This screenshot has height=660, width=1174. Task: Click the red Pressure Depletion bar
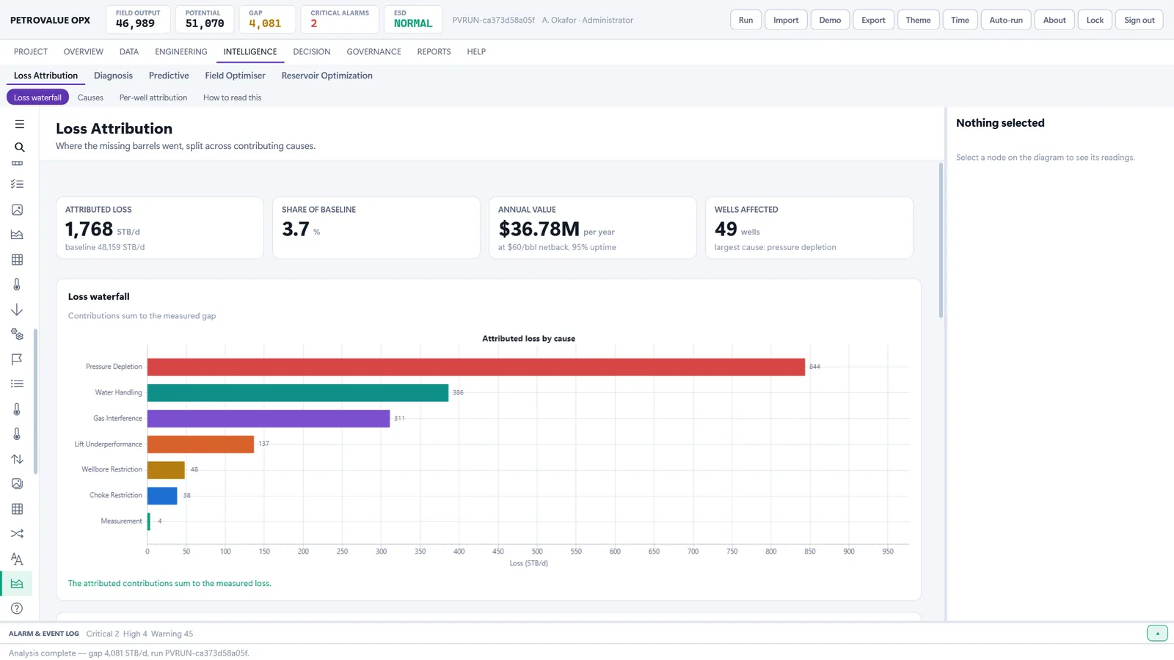coord(476,367)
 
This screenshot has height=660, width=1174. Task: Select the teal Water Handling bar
coord(298,393)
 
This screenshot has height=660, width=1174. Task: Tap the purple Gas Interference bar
coord(269,419)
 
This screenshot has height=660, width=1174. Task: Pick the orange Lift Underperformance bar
coord(200,444)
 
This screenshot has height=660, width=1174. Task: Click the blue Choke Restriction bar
coord(162,496)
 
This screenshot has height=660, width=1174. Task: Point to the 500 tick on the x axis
coord(536,551)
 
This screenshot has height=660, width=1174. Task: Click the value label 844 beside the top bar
coord(814,367)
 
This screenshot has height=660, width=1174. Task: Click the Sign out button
coord(1139,20)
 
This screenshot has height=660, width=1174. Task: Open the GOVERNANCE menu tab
coord(373,51)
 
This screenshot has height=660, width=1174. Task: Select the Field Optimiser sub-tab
coord(235,76)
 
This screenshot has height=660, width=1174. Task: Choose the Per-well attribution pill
coord(153,98)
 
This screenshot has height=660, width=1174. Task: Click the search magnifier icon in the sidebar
coord(19,147)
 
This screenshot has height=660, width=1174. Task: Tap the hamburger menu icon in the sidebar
coord(19,124)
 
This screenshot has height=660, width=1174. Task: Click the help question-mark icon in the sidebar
coord(17,608)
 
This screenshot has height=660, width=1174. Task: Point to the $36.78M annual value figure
coord(539,229)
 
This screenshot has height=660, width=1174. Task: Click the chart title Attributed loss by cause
coord(528,338)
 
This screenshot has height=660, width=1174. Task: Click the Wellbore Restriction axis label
coord(112,469)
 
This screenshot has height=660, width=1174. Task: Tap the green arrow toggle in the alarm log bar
coord(1157,634)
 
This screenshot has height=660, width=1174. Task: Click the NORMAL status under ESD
coord(413,23)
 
